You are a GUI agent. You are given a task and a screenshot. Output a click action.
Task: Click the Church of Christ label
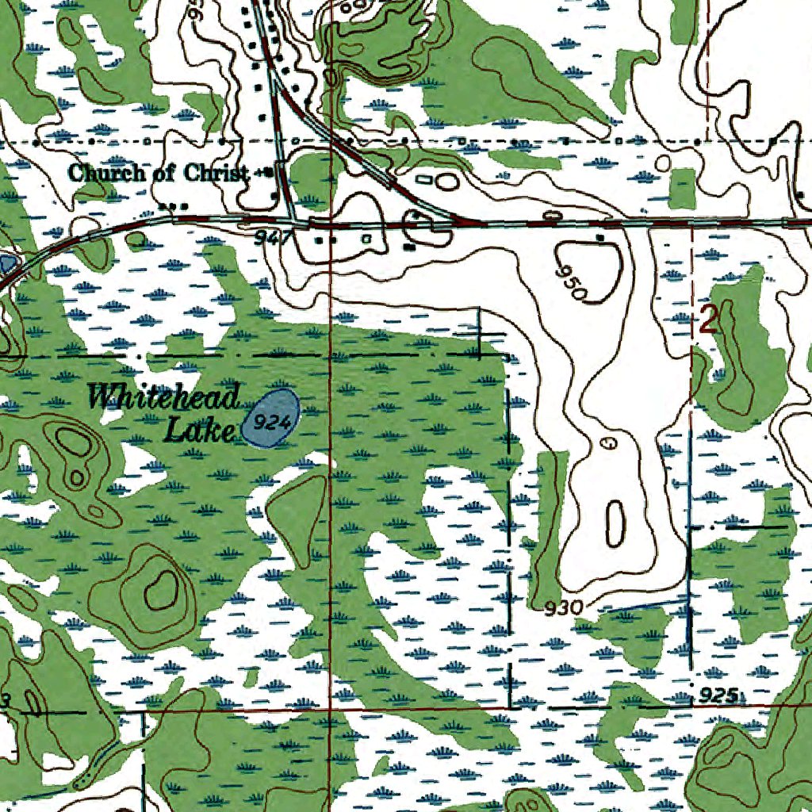pos(157,172)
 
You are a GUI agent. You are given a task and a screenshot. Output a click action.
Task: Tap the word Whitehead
pos(163,396)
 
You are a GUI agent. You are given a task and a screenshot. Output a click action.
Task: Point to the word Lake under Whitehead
pos(200,431)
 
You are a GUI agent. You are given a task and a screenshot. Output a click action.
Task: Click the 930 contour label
pos(565,608)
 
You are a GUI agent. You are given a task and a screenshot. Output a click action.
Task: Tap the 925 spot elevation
pos(720,696)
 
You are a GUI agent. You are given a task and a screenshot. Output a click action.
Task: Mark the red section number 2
pos(708,320)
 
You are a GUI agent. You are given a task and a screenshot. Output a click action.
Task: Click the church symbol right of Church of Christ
pos(268,171)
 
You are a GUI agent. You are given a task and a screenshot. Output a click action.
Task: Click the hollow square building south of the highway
pos(366,237)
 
